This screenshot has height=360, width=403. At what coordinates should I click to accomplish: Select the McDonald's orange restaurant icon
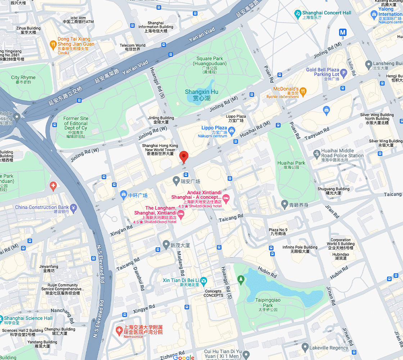pyautogui.click(x=303, y=91)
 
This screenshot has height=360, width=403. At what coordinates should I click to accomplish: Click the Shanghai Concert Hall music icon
pyautogui.click(x=298, y=14)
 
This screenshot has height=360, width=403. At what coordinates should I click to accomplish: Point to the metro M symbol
pyautogui.click(x=342, y=32)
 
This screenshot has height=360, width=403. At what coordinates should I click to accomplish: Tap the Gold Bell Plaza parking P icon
pyautogui.click(x=343, y=74)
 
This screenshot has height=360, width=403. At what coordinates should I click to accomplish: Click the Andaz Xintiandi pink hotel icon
pyautogui.click(x=226, y=198)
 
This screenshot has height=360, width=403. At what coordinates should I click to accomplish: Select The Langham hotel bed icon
pyautogui.click(x=181, y=214)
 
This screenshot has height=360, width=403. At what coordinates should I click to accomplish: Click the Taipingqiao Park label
pyautogui.click(x=268, y=302)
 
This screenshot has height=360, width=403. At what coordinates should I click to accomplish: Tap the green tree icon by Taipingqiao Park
pyautogui.click(x=241, y=279)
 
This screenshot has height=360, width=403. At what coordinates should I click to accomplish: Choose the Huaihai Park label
pyautogui.click(x=291, y=165)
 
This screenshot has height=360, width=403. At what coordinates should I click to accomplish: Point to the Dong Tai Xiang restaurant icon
pyautogui.click(x=53, y=44)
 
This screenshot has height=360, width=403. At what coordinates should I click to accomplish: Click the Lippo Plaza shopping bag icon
pyautogui.click(x=232, y=132)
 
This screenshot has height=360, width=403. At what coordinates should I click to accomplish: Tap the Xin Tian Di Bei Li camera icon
pyautogui.click(x=204, y=280)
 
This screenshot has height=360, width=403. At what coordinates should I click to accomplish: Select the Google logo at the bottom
pyautogui.click(x=184, y=357)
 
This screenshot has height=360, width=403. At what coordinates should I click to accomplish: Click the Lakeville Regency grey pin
pyautogui.click(x=305, y=347)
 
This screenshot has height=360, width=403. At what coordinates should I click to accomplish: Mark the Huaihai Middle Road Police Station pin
pyautogui.click(x=317, y=153)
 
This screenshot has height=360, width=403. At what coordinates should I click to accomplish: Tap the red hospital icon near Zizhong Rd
pyautogui.click(x=119, y=330)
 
